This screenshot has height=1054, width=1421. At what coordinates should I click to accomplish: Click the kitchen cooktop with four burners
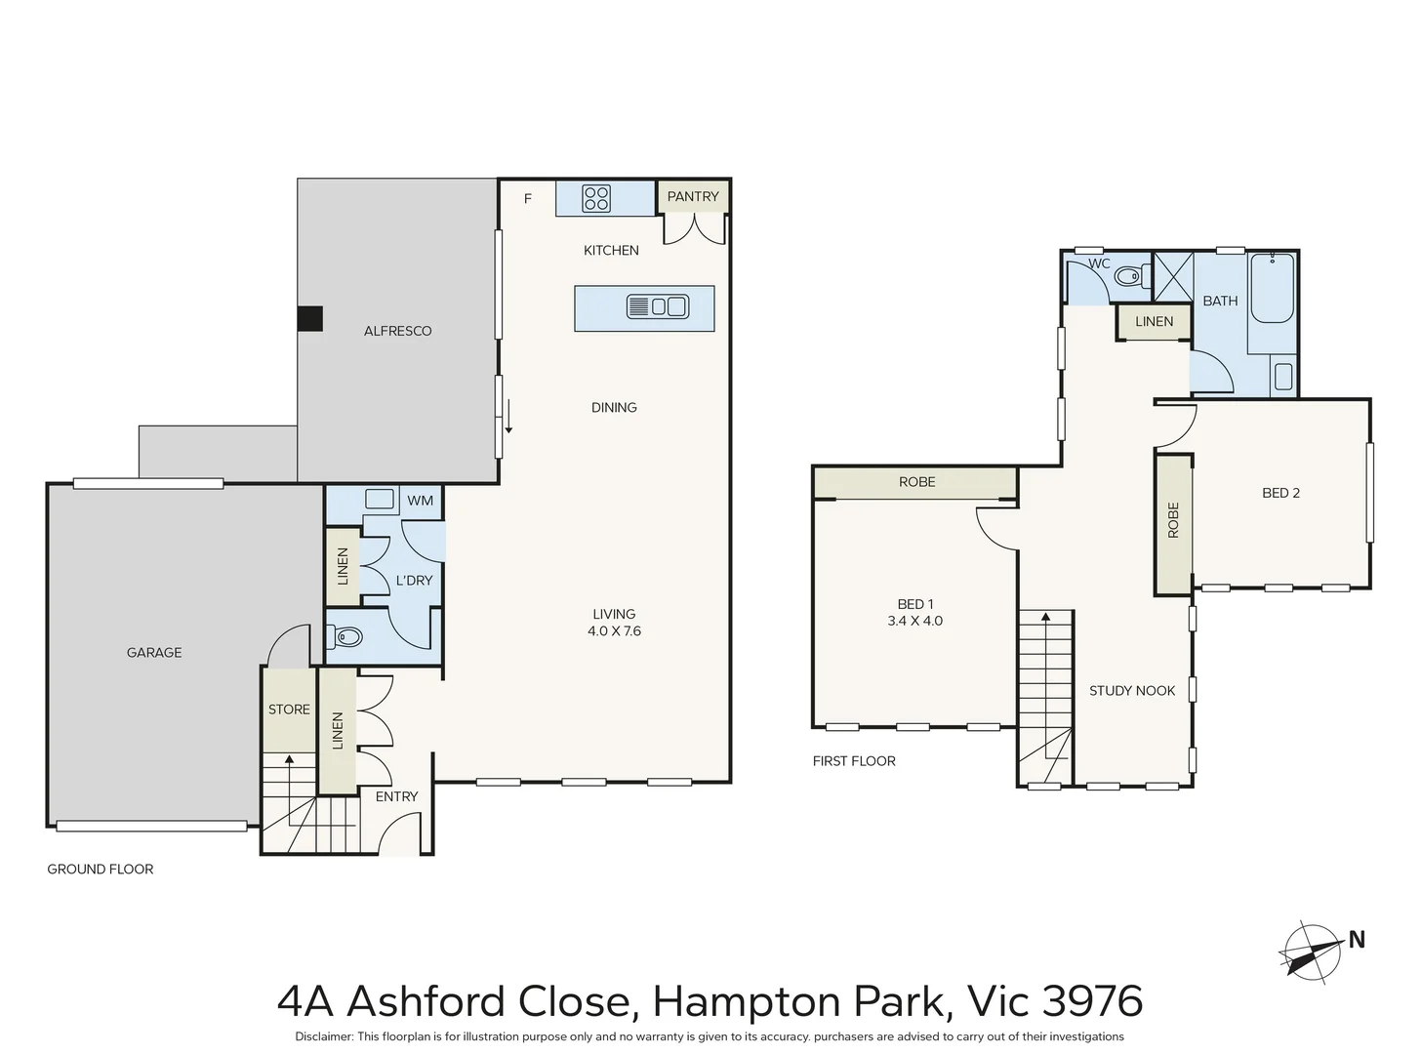[596, 198]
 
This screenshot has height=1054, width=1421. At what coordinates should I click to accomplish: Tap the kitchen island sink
[657, 307]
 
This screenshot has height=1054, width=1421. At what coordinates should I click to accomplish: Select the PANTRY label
[693, 196]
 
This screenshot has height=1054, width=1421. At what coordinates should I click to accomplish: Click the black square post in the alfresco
[310, 319]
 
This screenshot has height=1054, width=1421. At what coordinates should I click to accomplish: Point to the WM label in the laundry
[420, 501]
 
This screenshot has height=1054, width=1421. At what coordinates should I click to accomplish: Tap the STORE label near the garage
[289, 709]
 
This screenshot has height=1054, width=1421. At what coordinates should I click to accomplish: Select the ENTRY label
[396, 796]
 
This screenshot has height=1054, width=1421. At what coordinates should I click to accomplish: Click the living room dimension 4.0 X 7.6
[614, 630]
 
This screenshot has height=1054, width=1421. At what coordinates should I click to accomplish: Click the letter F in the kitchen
[528, 199]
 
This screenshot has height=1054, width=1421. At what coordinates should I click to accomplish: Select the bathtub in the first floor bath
[1272, 288]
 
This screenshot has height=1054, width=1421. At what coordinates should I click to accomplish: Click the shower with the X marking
[1173, 275]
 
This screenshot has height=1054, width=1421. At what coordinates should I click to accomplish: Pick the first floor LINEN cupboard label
[1154, 321]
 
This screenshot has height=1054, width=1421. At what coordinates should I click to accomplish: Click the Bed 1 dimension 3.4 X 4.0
[914, 621]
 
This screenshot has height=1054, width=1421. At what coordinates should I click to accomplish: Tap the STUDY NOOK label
[1132, 691]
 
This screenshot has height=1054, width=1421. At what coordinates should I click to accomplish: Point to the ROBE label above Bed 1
[916, 482]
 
